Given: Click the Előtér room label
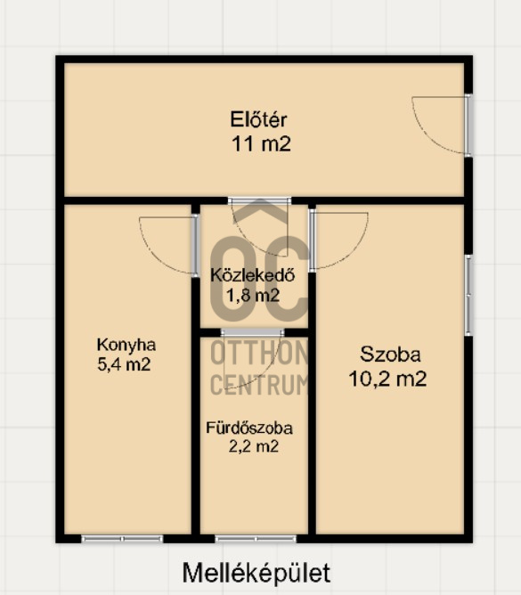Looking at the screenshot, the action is point(258,119).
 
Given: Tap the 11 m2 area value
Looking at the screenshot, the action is point(261,144).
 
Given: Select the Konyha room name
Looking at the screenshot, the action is point(126,346).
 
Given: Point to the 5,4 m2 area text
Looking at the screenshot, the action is point(124,364).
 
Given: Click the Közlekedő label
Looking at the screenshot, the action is point(252,274).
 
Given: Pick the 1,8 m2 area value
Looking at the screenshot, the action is point(253,295).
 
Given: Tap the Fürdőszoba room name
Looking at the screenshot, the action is point(249,428).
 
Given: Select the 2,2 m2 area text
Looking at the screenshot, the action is point(253,446).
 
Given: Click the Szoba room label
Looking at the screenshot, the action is point(390,355).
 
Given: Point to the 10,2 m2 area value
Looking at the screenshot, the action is point(387,379).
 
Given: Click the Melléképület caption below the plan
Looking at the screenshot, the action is point(256,573).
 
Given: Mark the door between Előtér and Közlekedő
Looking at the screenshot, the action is point(259,200).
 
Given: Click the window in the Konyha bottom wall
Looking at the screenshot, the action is point(122,539).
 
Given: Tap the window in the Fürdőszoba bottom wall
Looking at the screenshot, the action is point(256,539).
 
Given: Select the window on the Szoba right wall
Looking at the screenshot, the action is point(468,295).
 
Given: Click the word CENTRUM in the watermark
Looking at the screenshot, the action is point(259,384).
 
